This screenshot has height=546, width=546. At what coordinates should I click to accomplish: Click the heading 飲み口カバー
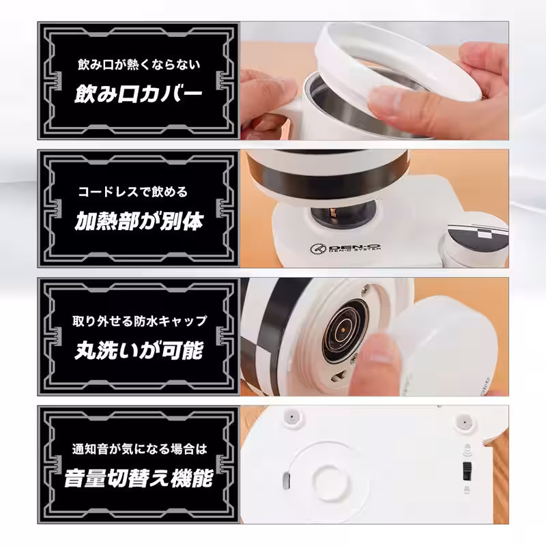click(x=139, y=93)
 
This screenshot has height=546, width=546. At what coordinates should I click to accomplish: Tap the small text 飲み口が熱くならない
click(x=139, y=66)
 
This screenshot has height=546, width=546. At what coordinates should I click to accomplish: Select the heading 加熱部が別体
click(x=139, y=222)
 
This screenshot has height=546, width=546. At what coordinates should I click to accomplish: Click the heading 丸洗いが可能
click(x=139, y=351)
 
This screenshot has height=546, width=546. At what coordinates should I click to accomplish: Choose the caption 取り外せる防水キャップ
click(x=139, y=320)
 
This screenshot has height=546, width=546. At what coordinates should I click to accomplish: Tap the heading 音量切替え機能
click(x=139, y=478)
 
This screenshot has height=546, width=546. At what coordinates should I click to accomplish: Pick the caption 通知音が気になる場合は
click(x=139, y=448)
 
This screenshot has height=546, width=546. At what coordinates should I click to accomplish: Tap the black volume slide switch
click(x=468, y=469)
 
